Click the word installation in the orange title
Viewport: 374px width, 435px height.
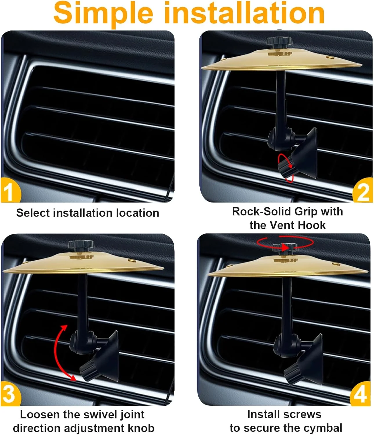tap(244, 13)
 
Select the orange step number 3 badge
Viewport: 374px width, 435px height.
tap(10, 393)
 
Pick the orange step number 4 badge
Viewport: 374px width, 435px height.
tap(360, 393)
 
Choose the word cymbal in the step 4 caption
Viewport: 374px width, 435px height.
tap(323, 428)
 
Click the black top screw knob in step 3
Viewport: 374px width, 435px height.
tap(81, 245)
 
